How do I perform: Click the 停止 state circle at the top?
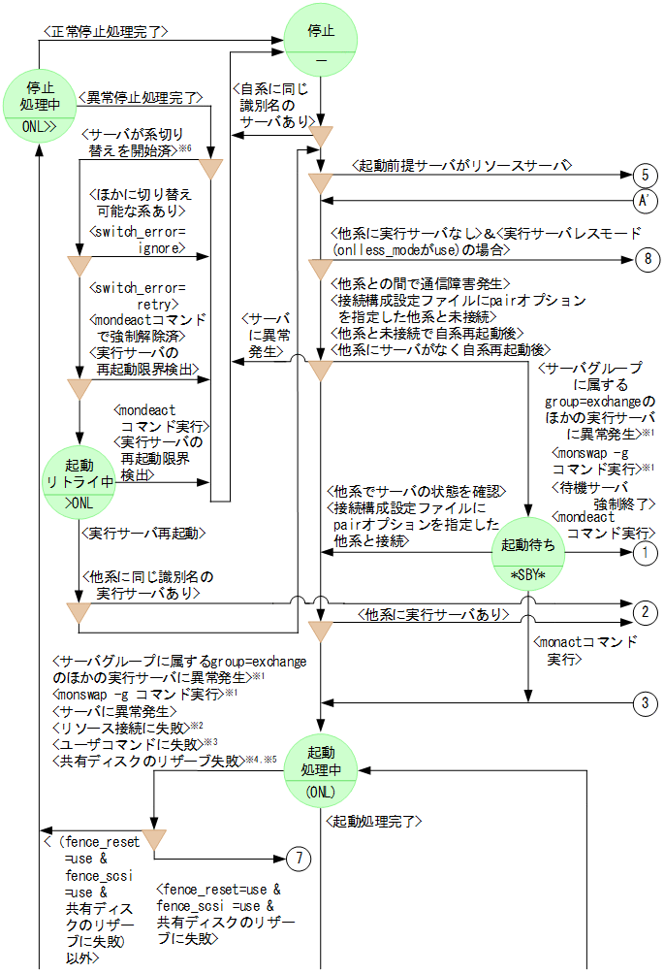point(321,41)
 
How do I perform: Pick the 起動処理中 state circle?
point(321,772)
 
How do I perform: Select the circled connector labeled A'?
point(644,201)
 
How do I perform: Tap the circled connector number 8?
point(644,259)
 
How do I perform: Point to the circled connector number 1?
point(644,553)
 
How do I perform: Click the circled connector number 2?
point(644,613)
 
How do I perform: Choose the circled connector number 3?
point(644,703)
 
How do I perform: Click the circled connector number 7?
point(300,859)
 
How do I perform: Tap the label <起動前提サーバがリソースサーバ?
point(460,166)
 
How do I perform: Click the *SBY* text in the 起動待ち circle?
point(529,574)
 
